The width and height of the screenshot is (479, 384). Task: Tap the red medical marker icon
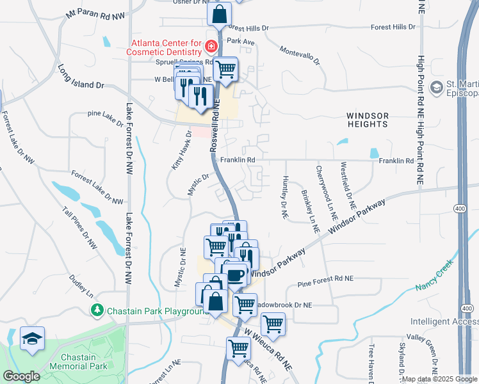(x=211, y=47)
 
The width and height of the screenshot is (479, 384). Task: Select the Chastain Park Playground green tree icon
(x=97, y=310)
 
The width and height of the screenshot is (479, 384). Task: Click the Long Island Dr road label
(x=80, y=76)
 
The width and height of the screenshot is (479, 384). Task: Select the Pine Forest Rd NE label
(x=326, y=278)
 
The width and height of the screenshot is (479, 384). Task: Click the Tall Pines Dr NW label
(x=79, y=228)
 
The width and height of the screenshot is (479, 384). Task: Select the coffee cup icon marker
(x=236, y=275)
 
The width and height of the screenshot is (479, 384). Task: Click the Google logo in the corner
(x=21, y=376)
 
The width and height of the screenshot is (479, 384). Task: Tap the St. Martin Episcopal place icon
(x=437, y=86)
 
